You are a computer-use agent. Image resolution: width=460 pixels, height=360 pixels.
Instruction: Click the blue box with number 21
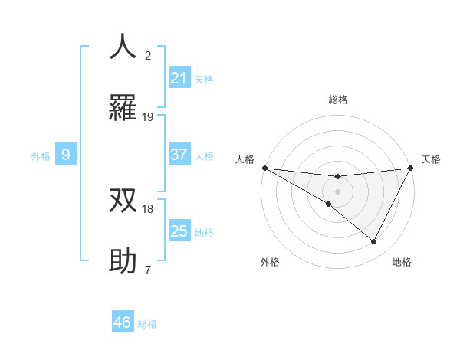179,78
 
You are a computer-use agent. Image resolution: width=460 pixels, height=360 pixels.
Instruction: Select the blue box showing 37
179,155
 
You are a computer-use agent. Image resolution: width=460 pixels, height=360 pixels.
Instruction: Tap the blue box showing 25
179,231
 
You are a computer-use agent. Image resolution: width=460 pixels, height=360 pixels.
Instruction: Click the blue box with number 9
66,155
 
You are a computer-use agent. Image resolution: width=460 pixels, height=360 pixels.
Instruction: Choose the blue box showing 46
123,322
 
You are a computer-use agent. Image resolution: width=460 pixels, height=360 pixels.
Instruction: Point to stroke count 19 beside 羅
148,117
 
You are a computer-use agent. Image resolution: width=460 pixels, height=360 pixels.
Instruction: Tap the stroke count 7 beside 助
148,270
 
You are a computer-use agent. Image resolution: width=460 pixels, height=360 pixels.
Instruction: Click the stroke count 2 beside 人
148,56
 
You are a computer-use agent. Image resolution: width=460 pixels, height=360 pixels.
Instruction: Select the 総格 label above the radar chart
338,100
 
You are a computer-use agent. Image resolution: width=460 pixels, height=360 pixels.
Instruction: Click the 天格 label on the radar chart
432,159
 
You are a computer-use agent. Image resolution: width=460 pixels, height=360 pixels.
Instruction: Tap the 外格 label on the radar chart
270,262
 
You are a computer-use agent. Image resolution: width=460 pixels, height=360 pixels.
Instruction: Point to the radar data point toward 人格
264,167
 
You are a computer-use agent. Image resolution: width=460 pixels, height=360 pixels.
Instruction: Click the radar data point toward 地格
374,241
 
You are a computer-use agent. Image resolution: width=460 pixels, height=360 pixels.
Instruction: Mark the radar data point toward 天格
411,168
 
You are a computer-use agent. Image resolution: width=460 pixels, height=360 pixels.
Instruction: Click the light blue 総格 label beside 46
147,324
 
